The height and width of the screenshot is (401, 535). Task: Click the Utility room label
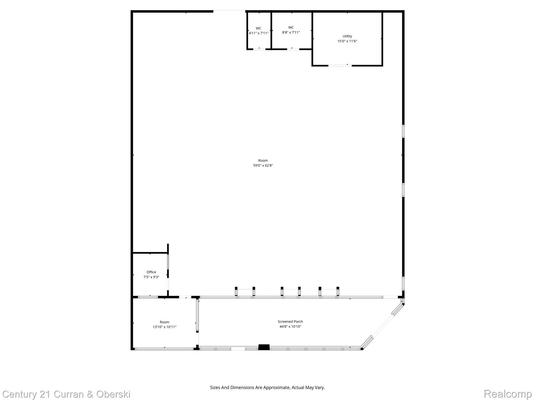347,36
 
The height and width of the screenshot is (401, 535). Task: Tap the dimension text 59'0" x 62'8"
263,166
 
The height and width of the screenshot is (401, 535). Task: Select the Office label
151,272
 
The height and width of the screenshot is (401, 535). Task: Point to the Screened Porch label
290,322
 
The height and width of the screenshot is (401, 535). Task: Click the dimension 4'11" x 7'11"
258,33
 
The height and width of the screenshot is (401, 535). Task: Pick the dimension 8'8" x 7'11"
291,33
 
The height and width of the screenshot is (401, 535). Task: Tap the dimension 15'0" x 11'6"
347,41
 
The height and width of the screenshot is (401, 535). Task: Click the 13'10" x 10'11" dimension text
165,327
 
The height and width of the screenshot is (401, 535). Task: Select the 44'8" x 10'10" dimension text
290,327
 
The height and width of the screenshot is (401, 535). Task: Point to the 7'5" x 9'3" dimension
151,277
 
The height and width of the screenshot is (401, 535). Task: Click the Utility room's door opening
340,66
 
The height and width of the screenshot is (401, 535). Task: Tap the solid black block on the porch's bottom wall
264,347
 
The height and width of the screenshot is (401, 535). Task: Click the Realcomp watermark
508,394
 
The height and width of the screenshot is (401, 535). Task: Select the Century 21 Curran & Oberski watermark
66,394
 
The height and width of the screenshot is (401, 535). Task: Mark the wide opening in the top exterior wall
229,11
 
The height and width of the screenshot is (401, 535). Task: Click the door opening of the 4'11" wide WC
259,49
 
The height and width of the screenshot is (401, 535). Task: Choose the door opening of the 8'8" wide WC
293,49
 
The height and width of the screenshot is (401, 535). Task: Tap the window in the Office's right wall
168,262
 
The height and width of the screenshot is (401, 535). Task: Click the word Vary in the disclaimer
320,387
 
